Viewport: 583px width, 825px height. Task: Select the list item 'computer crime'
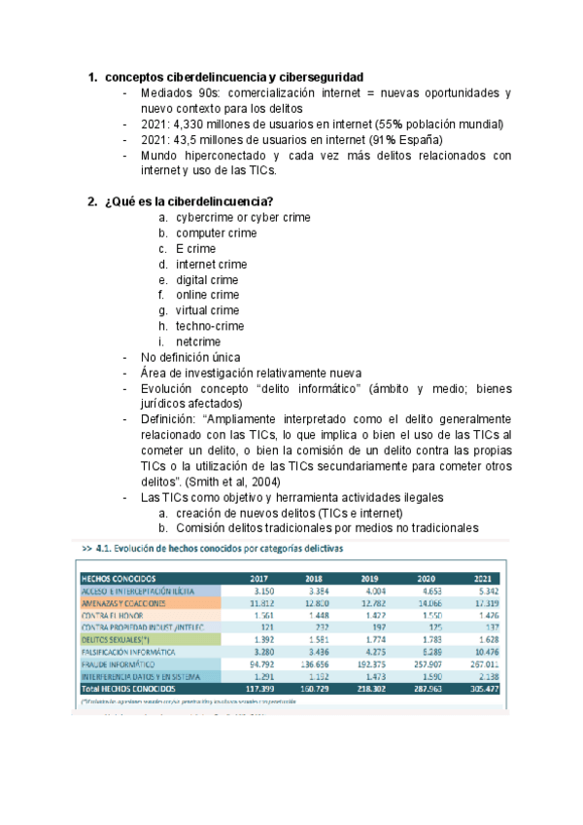tap(216, 233)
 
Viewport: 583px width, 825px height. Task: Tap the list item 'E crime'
tap(195, 249)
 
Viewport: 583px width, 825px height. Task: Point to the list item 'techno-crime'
tap(210, 327)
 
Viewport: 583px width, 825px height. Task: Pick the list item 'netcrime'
tap(197, 342)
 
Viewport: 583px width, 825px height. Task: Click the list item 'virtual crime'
tap(207, 311)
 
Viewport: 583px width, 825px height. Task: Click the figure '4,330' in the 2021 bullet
tap(192, 124)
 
